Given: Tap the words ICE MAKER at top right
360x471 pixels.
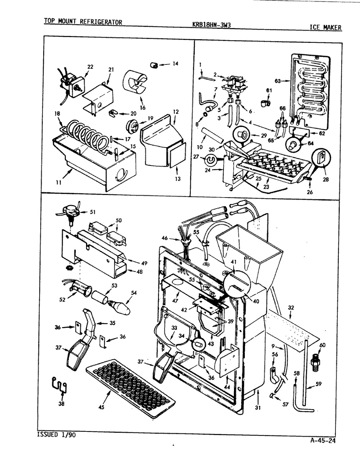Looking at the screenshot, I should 325,27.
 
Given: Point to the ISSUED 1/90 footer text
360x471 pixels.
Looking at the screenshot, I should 57,435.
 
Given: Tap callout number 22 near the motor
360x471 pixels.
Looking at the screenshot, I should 90,67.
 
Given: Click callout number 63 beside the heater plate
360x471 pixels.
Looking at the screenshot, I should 278,81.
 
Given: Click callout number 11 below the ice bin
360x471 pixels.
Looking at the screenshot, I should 58,182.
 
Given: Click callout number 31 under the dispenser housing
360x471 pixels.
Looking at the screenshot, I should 258,408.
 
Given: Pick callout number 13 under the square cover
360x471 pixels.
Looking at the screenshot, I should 177,179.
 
